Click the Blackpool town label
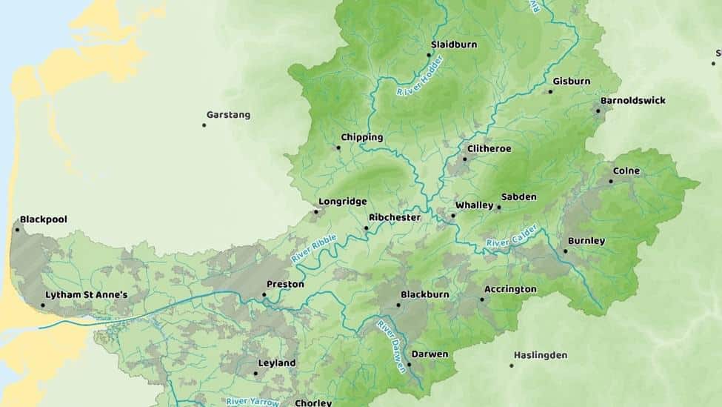tap(44, 219)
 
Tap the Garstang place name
tap(228, 115)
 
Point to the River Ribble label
tap(314, 248)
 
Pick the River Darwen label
tap(392, 346)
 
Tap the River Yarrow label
tap(253, 402)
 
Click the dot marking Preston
tap(264, 295)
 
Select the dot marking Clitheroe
tap(465, 159)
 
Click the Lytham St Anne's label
tap(87, 295)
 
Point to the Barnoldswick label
tap(633, 100)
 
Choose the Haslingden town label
tap(541, 355)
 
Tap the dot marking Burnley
tap(565, 251)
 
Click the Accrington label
tap(510, 289)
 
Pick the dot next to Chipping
tap(338, 148)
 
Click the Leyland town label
tap(276, 363)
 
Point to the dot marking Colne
tap(612, 181)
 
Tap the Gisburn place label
tap(572, 82)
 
